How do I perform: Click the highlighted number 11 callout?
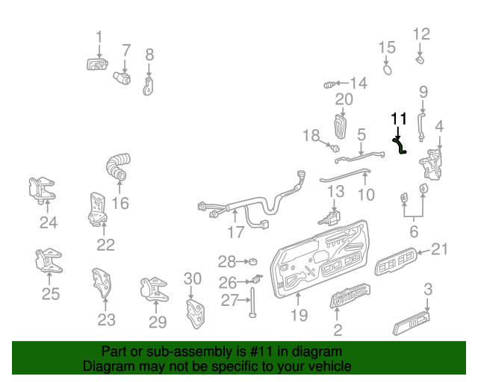(x=399, y=119)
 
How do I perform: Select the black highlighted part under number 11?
(x=400, y=143)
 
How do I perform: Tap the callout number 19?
(x=299, y=315)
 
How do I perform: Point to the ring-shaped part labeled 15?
(x=388, y=69)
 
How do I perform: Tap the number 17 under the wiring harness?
(x=236, y=232)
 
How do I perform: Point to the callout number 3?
(x=428, y=289)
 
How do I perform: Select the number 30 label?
(x=193, y=278)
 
